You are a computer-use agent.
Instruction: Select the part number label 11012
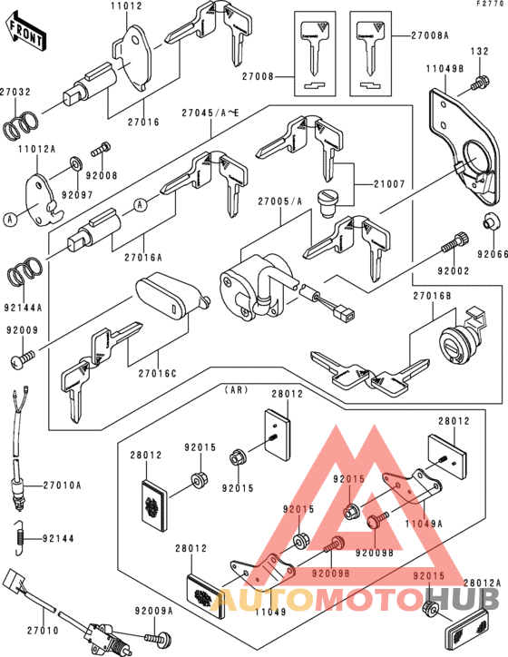pos(127,7)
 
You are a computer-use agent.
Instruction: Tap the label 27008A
pos(430,35)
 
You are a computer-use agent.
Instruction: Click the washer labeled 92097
pos(73,163)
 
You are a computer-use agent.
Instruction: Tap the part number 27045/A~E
pos(212,113)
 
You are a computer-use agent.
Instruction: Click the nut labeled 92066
pos(488,220)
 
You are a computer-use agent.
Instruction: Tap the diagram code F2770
pos(490,5)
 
